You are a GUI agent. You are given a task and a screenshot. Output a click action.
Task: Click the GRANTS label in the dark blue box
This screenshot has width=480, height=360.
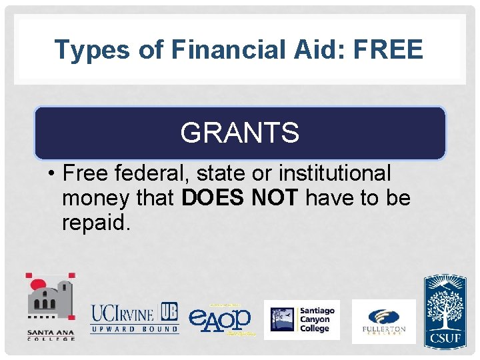coord(239,133)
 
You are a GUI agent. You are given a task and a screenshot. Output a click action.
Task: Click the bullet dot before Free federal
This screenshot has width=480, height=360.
coord(51,174)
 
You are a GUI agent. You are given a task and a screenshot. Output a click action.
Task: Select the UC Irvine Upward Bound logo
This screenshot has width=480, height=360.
coord(135,317)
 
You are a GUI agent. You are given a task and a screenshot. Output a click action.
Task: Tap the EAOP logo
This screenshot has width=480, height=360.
coord(220,319)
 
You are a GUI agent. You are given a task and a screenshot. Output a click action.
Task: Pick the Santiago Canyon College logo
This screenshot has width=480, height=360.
coord(301,319)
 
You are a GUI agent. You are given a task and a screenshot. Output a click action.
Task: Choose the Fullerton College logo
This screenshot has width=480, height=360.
coord(383,320)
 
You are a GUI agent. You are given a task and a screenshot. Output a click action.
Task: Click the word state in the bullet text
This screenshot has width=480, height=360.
coord(223,173)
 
